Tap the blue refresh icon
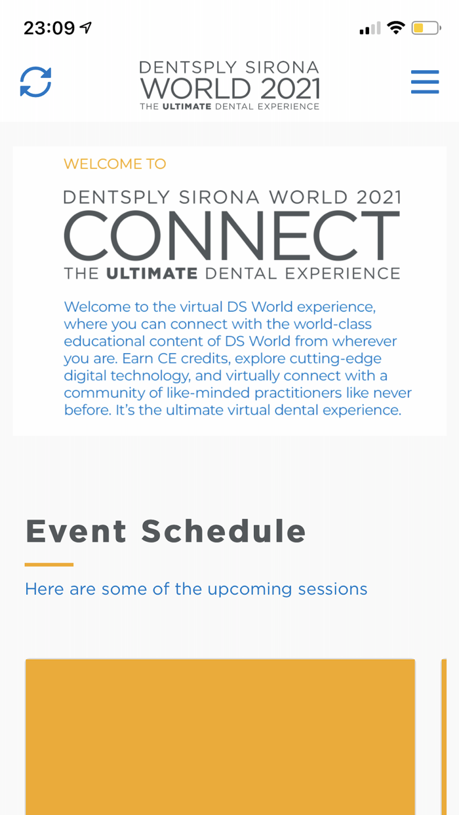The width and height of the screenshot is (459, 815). click(35, 82)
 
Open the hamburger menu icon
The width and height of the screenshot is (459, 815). click(425, 82)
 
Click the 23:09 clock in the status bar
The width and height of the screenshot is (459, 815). click(49, 28)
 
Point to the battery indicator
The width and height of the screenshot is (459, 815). click(426, 28)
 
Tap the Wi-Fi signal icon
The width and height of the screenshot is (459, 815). click(396, 28)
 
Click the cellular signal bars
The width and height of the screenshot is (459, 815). click(370, 28)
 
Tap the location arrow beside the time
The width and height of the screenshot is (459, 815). click(86, 28)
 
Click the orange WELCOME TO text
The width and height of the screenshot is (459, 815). click(115, 164)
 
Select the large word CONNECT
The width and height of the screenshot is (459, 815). click(231, 235)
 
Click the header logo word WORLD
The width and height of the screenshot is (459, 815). click(196, 88)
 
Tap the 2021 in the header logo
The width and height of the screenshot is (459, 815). click(290, 88)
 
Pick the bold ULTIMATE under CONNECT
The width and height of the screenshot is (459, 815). click(152, 274)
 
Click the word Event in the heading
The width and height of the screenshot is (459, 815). click(76, 531)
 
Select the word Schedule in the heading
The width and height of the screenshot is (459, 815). click(224, 531)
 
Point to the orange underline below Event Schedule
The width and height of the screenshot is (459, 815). click(49, 565)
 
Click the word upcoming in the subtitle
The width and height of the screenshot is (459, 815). click(250, 590)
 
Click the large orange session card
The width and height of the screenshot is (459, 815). click(220, 737)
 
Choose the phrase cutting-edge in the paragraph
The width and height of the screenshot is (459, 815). click(308, 360)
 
